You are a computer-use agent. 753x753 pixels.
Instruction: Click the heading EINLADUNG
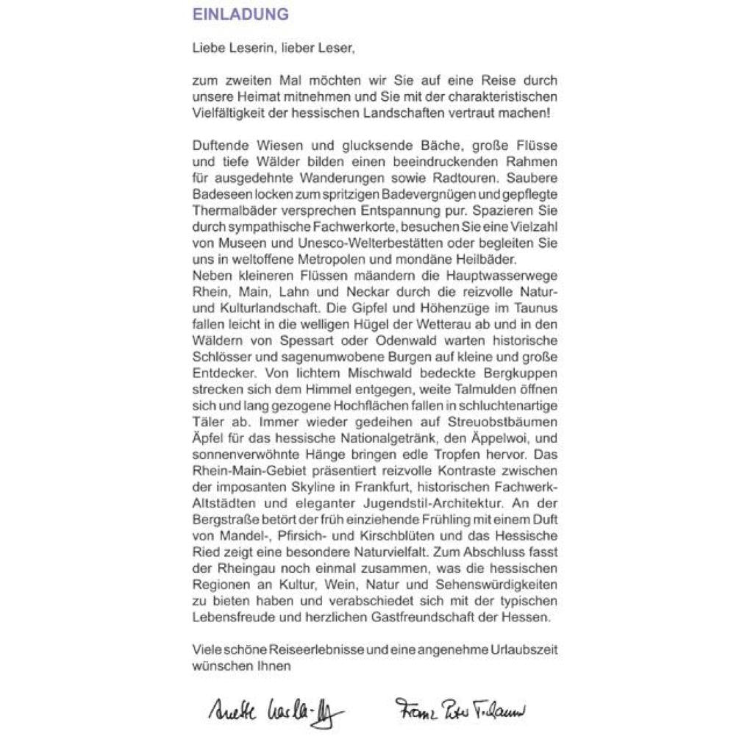pyautogui.click(x=240, y=15)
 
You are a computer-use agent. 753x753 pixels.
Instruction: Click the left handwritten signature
pyautogui.click(x=269, y=710)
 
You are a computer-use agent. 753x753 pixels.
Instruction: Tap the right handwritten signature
pyautogui.click(x=460, y=710)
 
